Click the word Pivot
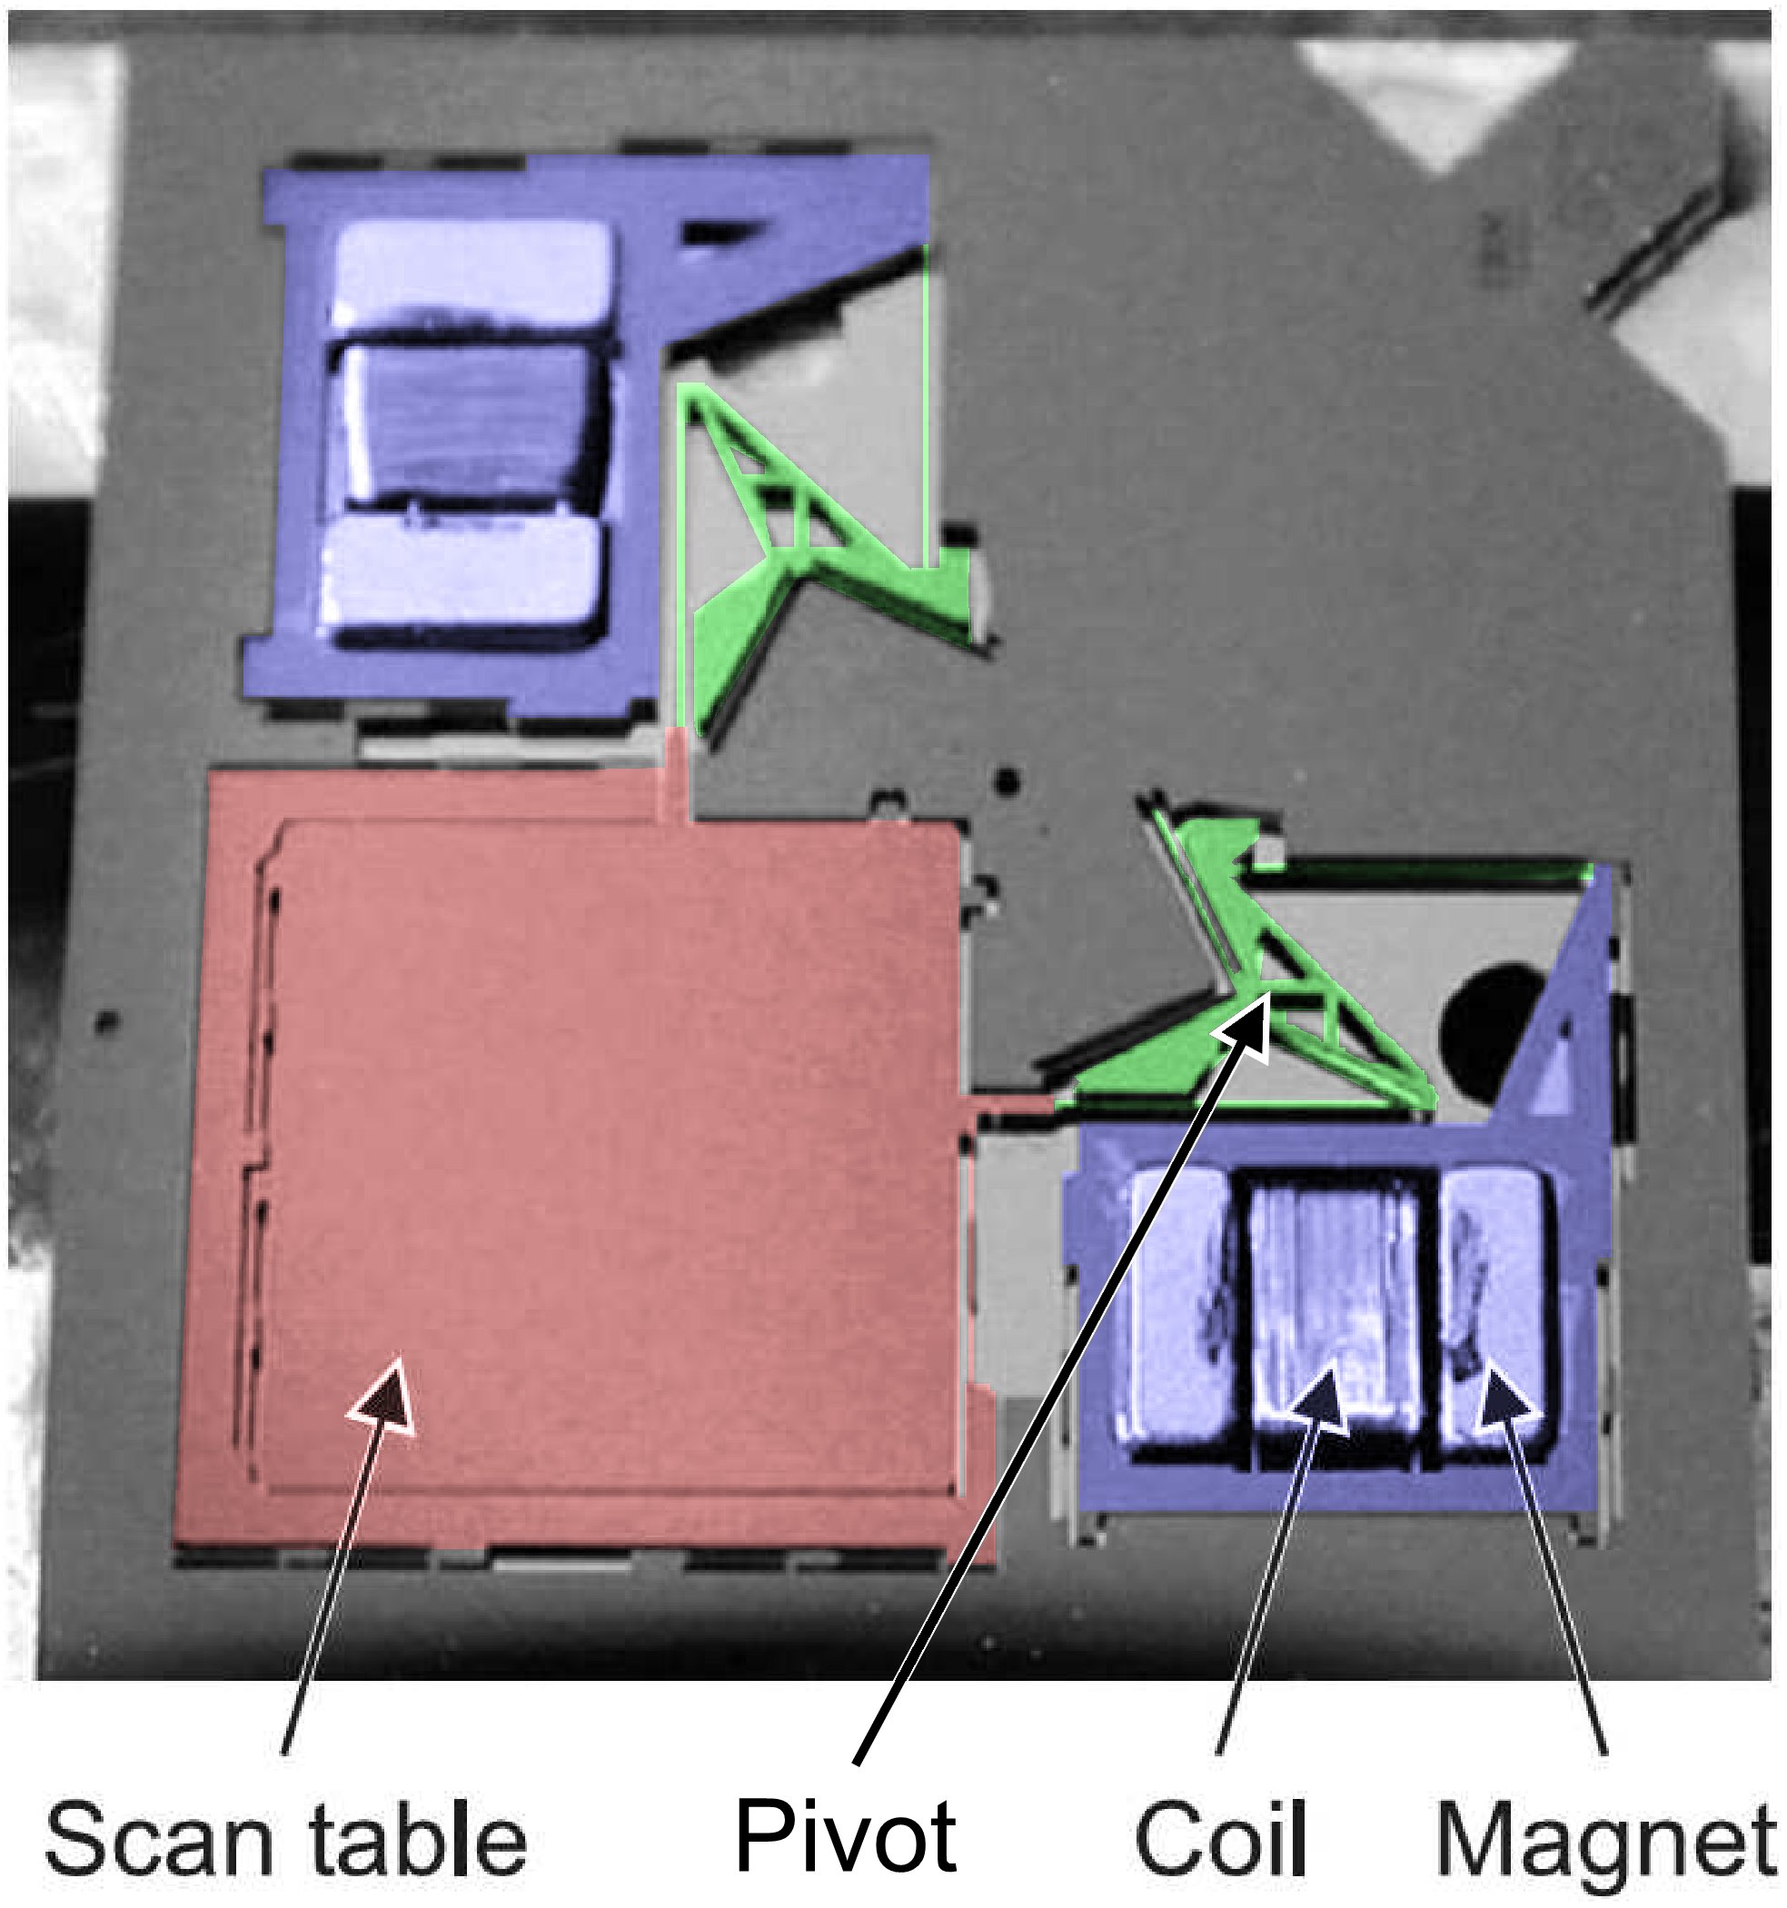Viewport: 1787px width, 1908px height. tap(846, 1835)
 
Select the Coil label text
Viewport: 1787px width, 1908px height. tap(1220, 1837)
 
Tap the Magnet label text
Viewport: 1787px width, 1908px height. tap(1603, 1837)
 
